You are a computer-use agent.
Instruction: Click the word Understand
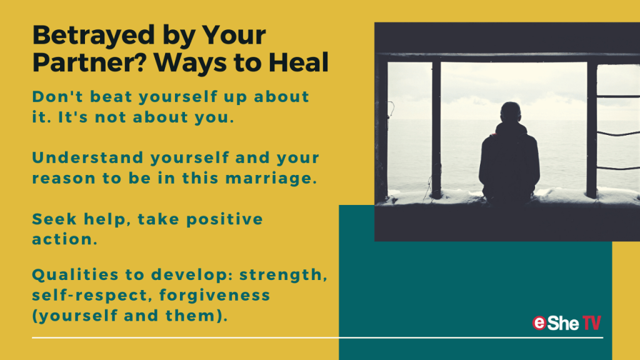(x=87, y=157)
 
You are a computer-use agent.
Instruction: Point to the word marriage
(x=271, y=178)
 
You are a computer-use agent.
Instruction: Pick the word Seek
(x=54, y=219)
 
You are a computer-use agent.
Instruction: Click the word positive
(x=224, y=219)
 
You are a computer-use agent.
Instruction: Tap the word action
(x=65, y=239)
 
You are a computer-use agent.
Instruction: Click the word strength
(x=283, y=275)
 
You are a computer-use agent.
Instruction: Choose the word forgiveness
(x=215, y=295)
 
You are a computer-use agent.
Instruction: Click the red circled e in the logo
(x=539, y=323)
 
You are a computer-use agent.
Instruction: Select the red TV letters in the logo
(x=591, y=323)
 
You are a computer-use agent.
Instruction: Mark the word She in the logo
(x=563, y=323)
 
